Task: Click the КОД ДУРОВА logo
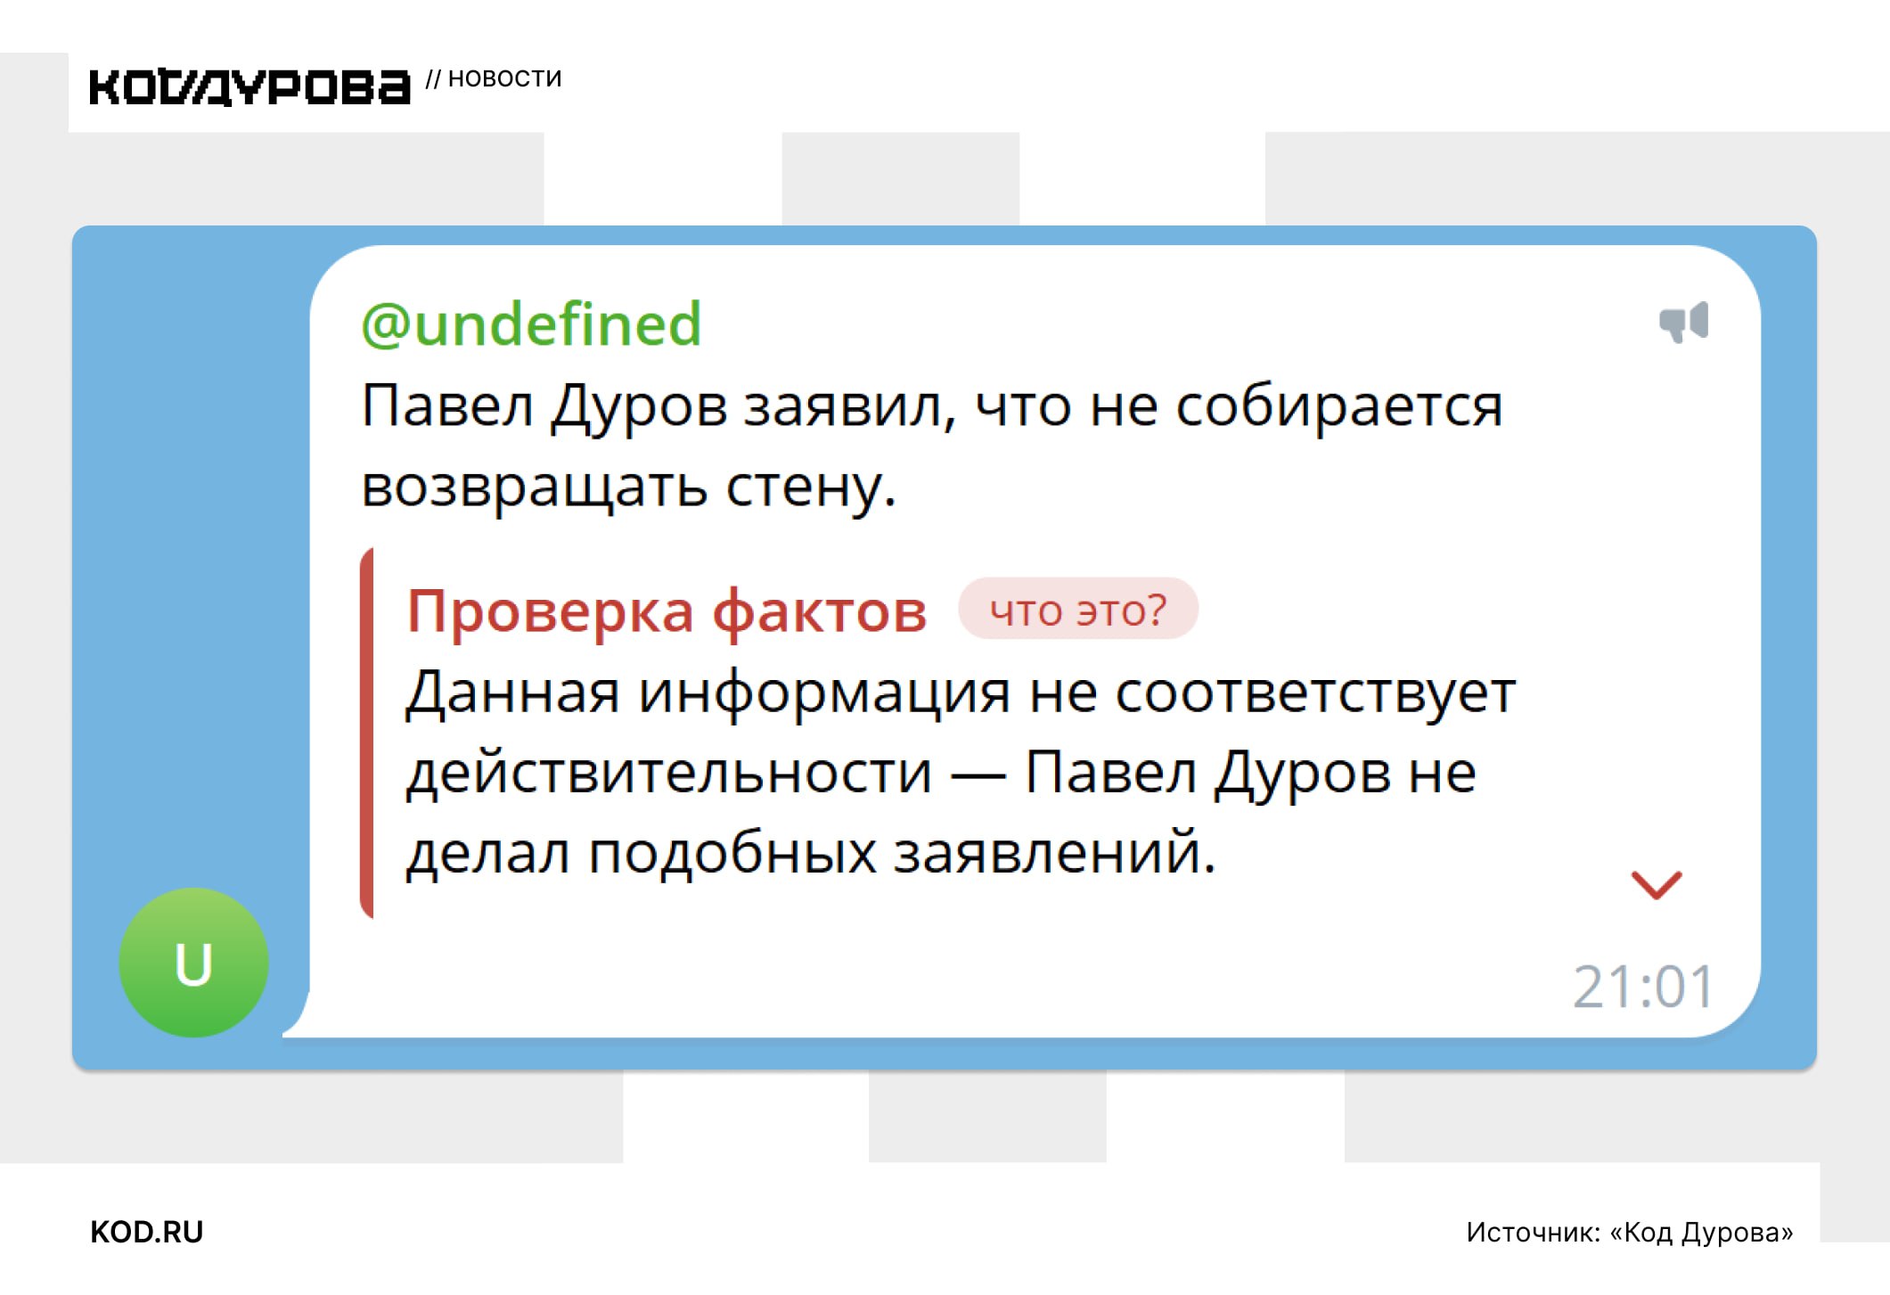(250, 87)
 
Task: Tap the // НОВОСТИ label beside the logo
(494, 78)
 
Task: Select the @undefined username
(531, 324)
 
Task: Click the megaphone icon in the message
(1683, 322)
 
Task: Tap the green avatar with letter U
(193, 963)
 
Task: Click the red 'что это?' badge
(1078, 610)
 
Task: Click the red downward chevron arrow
(1657, 885)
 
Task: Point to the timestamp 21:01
(1642, 987)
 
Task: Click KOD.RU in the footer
(147, 1232)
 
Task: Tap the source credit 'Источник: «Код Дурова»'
(1629, 1232)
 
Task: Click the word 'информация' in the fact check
(824, 693)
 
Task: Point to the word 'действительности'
(669, 772)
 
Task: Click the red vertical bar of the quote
(366, 733)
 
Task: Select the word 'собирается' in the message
(1339, 406)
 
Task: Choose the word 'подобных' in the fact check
(732, 852)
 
